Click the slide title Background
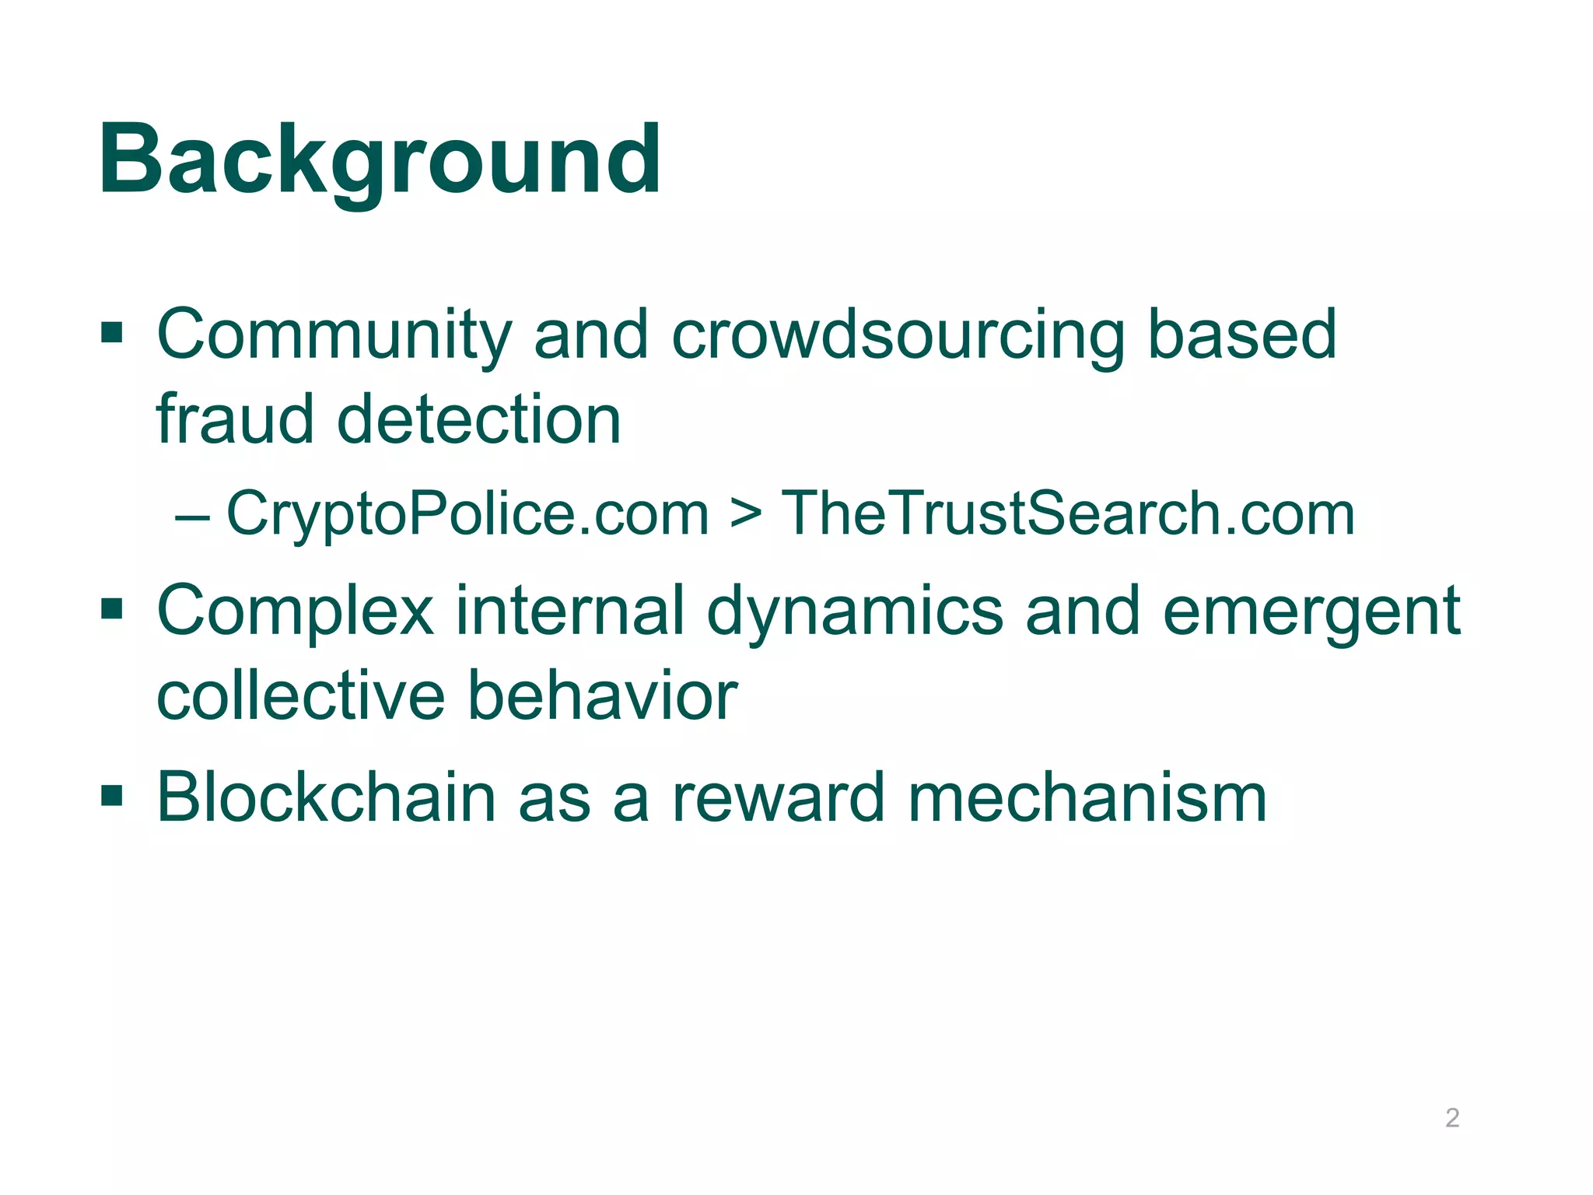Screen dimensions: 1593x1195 pos(380,161)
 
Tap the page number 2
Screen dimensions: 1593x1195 pos(1451,1118)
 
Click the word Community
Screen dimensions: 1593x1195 pos(334,335)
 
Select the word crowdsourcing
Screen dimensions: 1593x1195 pos(898,335)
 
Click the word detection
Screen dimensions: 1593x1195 pos(478,419)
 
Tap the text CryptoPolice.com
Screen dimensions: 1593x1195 pos(467,514)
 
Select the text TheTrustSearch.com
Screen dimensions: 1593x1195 pos(1067,514)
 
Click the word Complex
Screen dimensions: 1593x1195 pos(295,612)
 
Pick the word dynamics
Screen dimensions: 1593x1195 pos(855,612)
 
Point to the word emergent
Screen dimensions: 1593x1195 pos(1311,612)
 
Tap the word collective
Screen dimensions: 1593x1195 pos(300,696)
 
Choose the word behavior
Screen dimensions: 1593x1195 pos(602,696)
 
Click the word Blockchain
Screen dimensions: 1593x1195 pos(326,797)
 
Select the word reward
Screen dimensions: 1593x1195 pos(778,797)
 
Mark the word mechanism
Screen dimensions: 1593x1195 pos(1087,797)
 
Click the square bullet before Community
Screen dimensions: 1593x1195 pos(112,334)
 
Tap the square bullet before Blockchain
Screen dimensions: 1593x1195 pos(112,796)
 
